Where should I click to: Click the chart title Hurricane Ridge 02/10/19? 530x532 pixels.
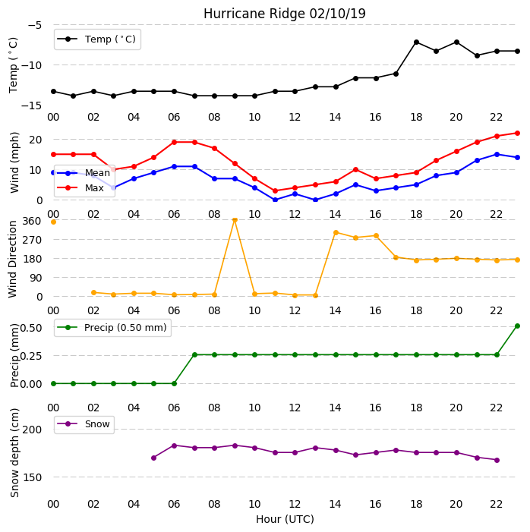(285, 14)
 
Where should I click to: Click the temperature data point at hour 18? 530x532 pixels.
(417, 42)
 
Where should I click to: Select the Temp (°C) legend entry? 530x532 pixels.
(96, 39)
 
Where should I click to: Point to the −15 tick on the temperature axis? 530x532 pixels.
(31, 105)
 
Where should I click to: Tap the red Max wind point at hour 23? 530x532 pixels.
(517, 133)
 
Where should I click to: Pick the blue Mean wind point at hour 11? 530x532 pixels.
(276, 200)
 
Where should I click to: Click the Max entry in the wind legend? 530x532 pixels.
(80, 187)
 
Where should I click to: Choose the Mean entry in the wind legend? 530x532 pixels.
(84, 173)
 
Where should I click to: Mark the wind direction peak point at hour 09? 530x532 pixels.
(235, 220)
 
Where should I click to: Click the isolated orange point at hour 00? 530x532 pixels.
(53, 222)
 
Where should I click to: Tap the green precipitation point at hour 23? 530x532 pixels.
(517, 326)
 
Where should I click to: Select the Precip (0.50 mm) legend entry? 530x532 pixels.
(112, 327)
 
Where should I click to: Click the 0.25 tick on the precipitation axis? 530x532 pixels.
(31, 356)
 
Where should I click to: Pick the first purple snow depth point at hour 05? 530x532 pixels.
(154, 458)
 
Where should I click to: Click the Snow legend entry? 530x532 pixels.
(84, 424)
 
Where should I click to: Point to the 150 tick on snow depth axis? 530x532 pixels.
(32, 477)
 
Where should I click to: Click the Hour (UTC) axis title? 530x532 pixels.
(285, 519)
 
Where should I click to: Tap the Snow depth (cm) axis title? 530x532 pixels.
(14, 453)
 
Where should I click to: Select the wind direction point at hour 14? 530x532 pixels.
(336, 232)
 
